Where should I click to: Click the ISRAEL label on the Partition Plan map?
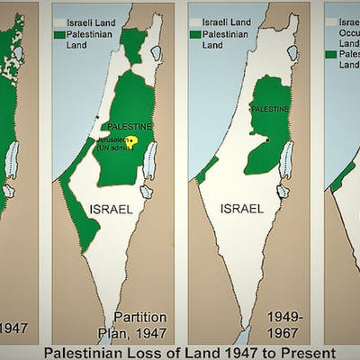pyautogui.click(x=112, y=209)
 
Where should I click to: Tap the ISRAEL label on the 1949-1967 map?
pyautogui.click(x=242, y=209)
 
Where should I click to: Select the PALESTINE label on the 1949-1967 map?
pyautogui.click(x=269, y=109)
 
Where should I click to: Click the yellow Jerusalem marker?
pyautogui.click(x=130, y=141)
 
